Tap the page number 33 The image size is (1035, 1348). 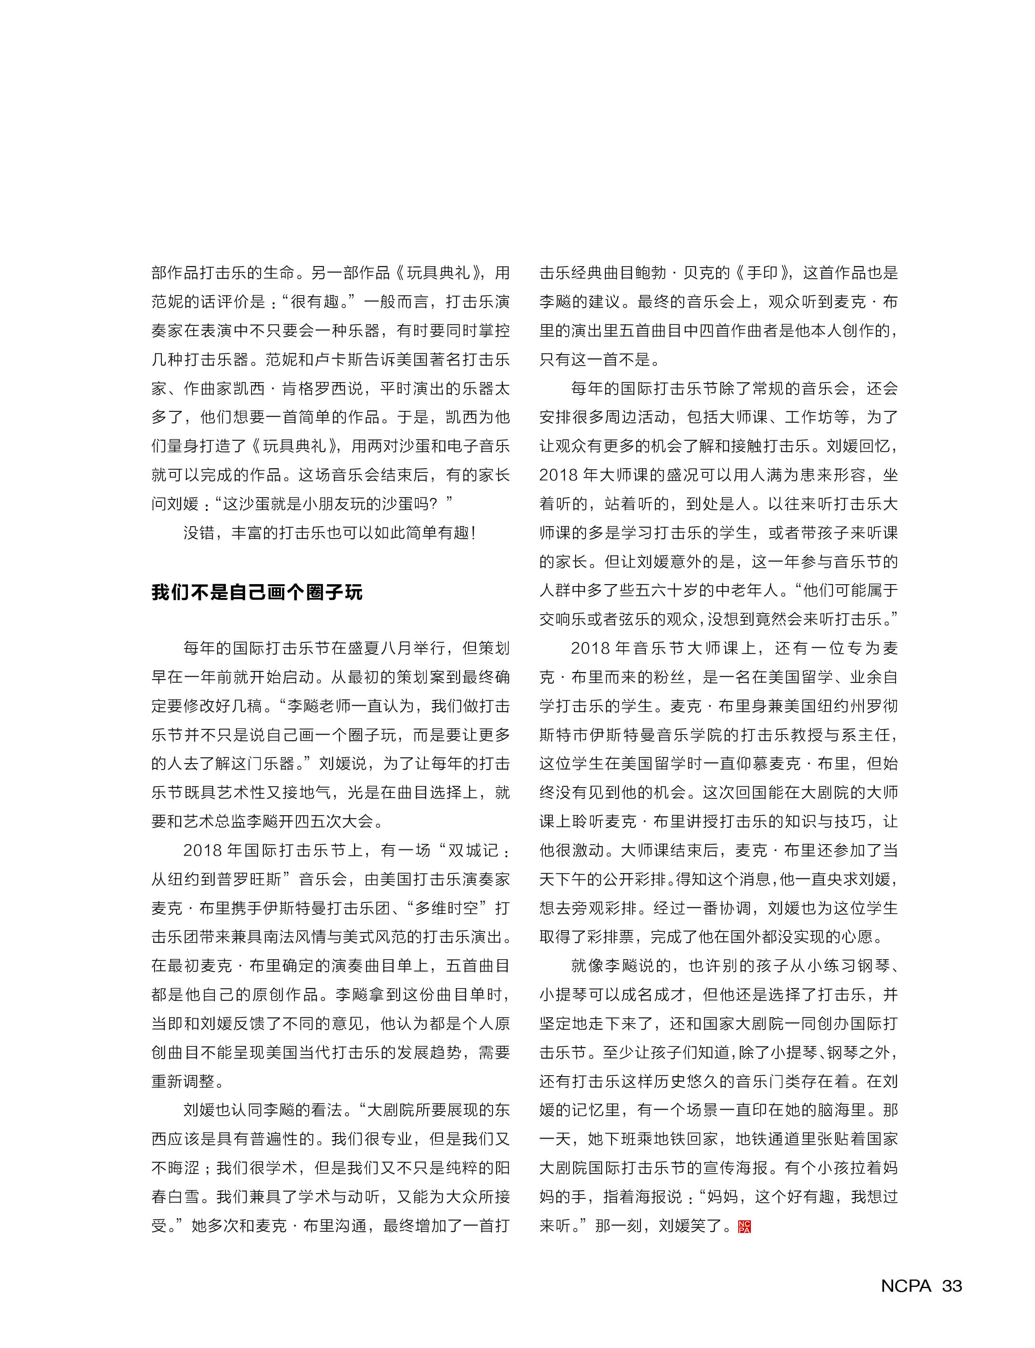pyautogui.click(x=952, y=1286)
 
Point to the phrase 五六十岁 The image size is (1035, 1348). pyautogui.click(x=666, y=591)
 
